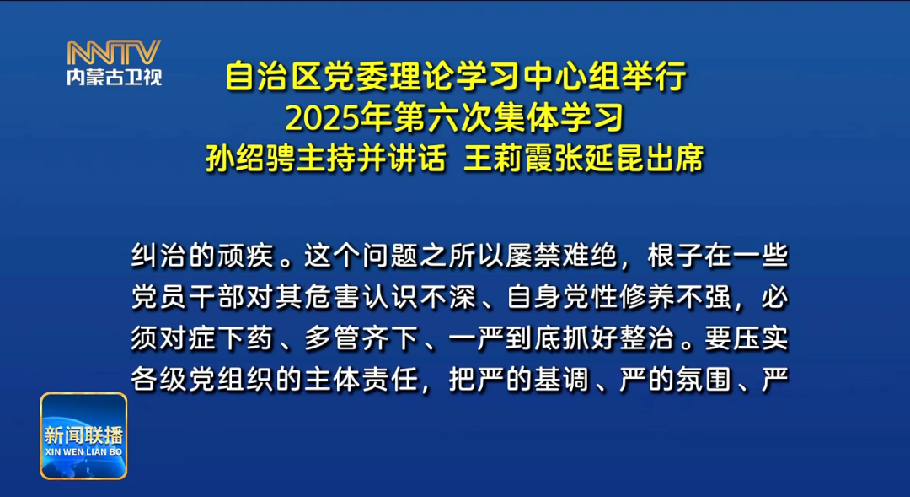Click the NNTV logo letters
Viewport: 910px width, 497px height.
point(114,52)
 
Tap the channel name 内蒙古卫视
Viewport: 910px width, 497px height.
point(114,77)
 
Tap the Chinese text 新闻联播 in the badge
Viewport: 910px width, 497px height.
point(83,435)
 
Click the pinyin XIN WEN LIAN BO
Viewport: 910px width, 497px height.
point(83,452)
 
